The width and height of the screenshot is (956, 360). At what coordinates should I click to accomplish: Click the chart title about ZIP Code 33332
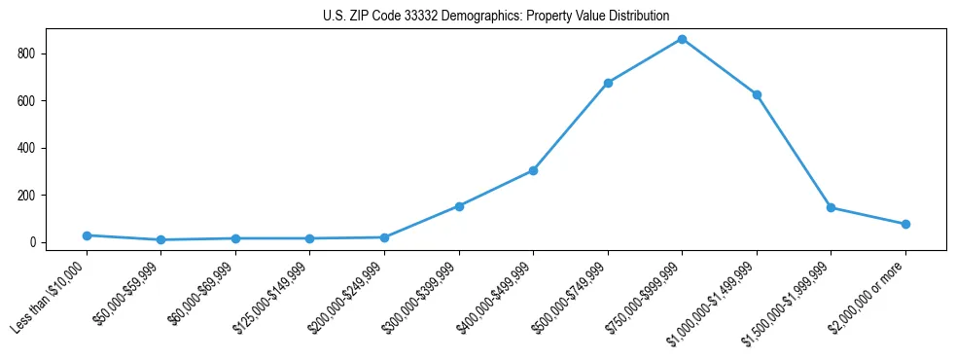[x=496, y=17]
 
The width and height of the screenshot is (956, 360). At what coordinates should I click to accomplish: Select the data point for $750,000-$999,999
[x=682, y=39]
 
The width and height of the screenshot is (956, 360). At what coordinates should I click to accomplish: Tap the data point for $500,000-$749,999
[x=608, y=83]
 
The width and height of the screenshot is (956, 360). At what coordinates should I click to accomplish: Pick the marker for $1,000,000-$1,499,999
[x=757, y=94]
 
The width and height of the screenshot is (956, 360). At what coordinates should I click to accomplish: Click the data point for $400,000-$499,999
[x=533, y=170]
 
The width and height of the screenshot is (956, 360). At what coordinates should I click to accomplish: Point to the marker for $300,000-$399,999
[x=459, y=206]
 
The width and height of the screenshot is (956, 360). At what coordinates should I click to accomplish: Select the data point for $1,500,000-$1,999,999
[x=831, y=207]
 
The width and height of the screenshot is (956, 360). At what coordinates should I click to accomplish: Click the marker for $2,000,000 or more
[x=905, y=224]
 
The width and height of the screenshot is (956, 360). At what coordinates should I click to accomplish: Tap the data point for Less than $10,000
[x=87, y=235]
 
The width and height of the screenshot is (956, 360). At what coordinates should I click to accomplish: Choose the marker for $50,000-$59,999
[x=160, y=239]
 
